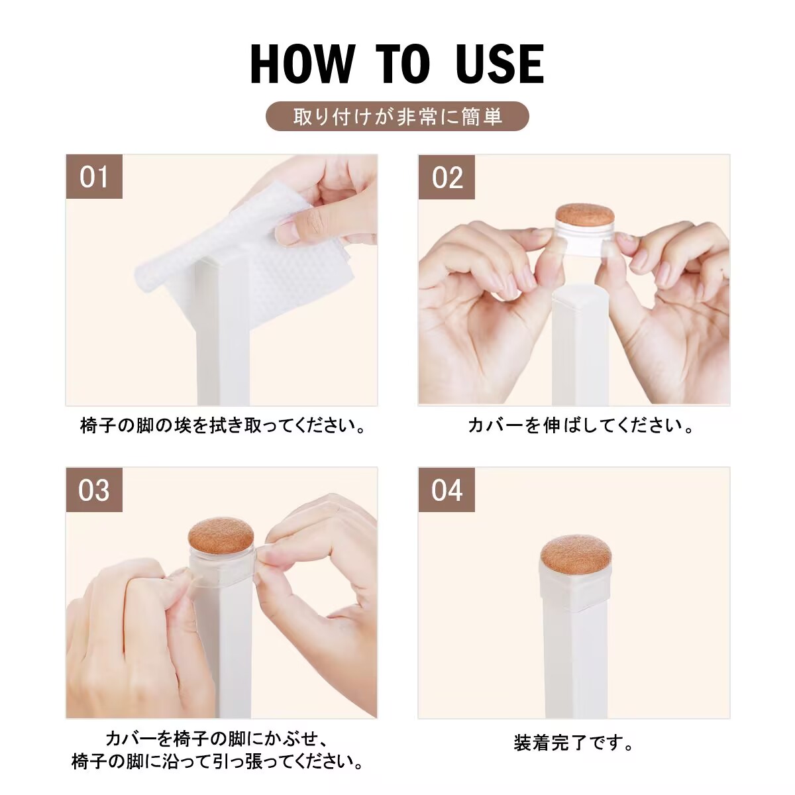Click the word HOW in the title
click(302, 65)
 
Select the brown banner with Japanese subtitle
click(397, 117)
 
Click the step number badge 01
click(94, 177)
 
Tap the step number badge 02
click(447, 178)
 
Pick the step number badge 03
click(94, 490)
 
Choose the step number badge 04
click(447, 490)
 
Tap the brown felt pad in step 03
click(221, 537)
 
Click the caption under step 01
click(223, 426)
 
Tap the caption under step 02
click(580, 426)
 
